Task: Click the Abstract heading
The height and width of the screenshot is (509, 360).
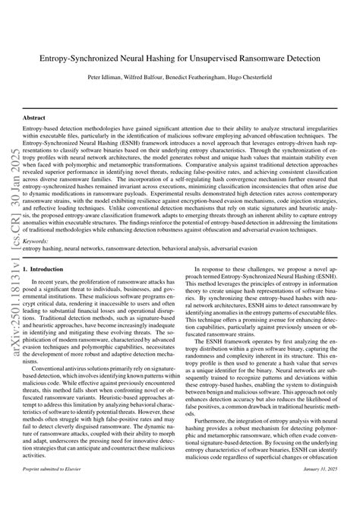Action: click(35, 119)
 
